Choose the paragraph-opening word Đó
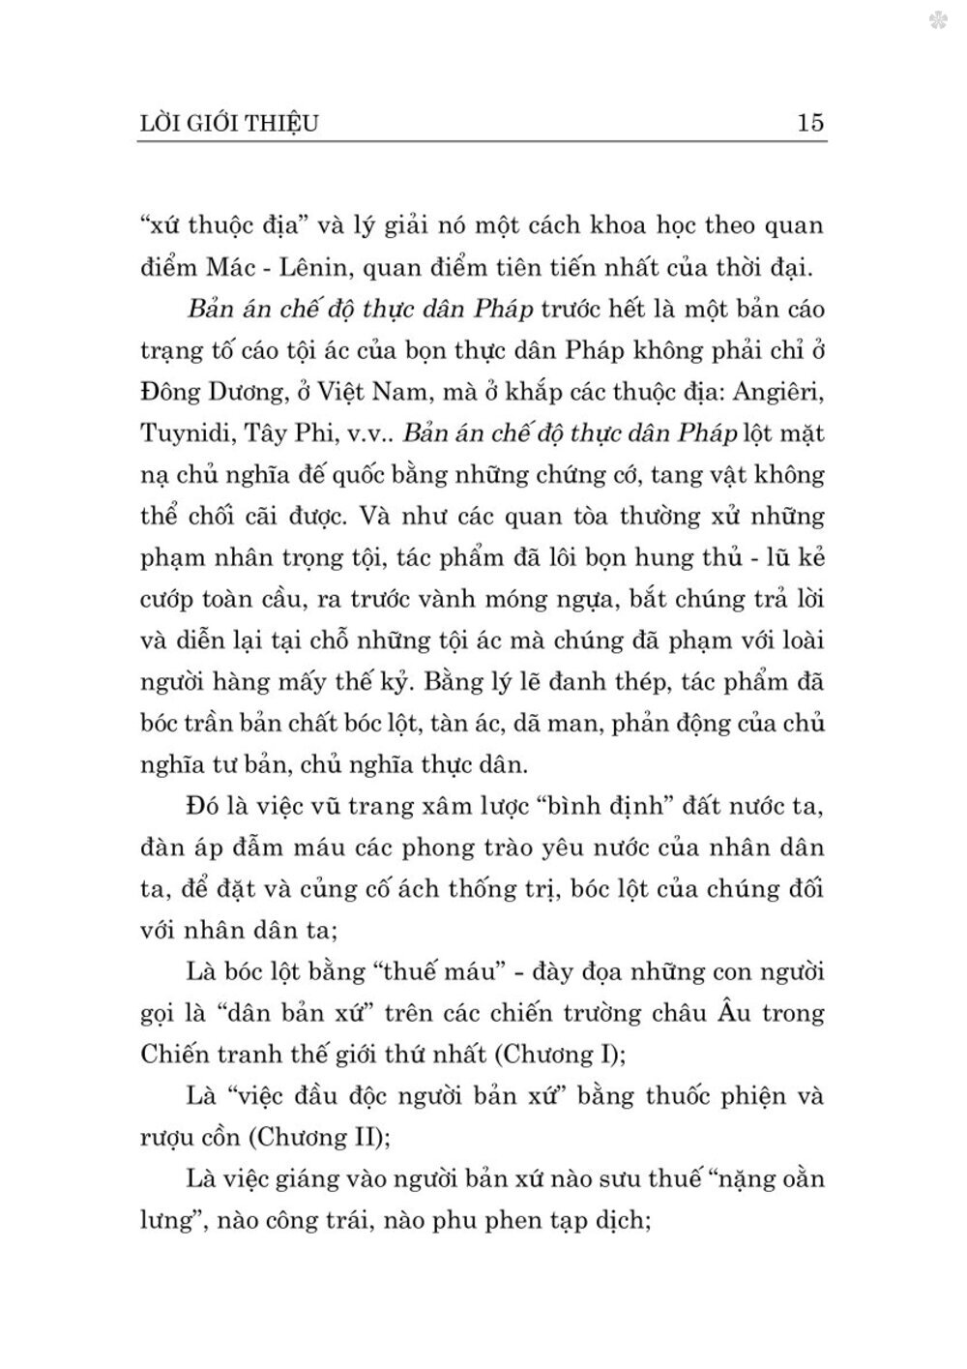click(202, 806)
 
